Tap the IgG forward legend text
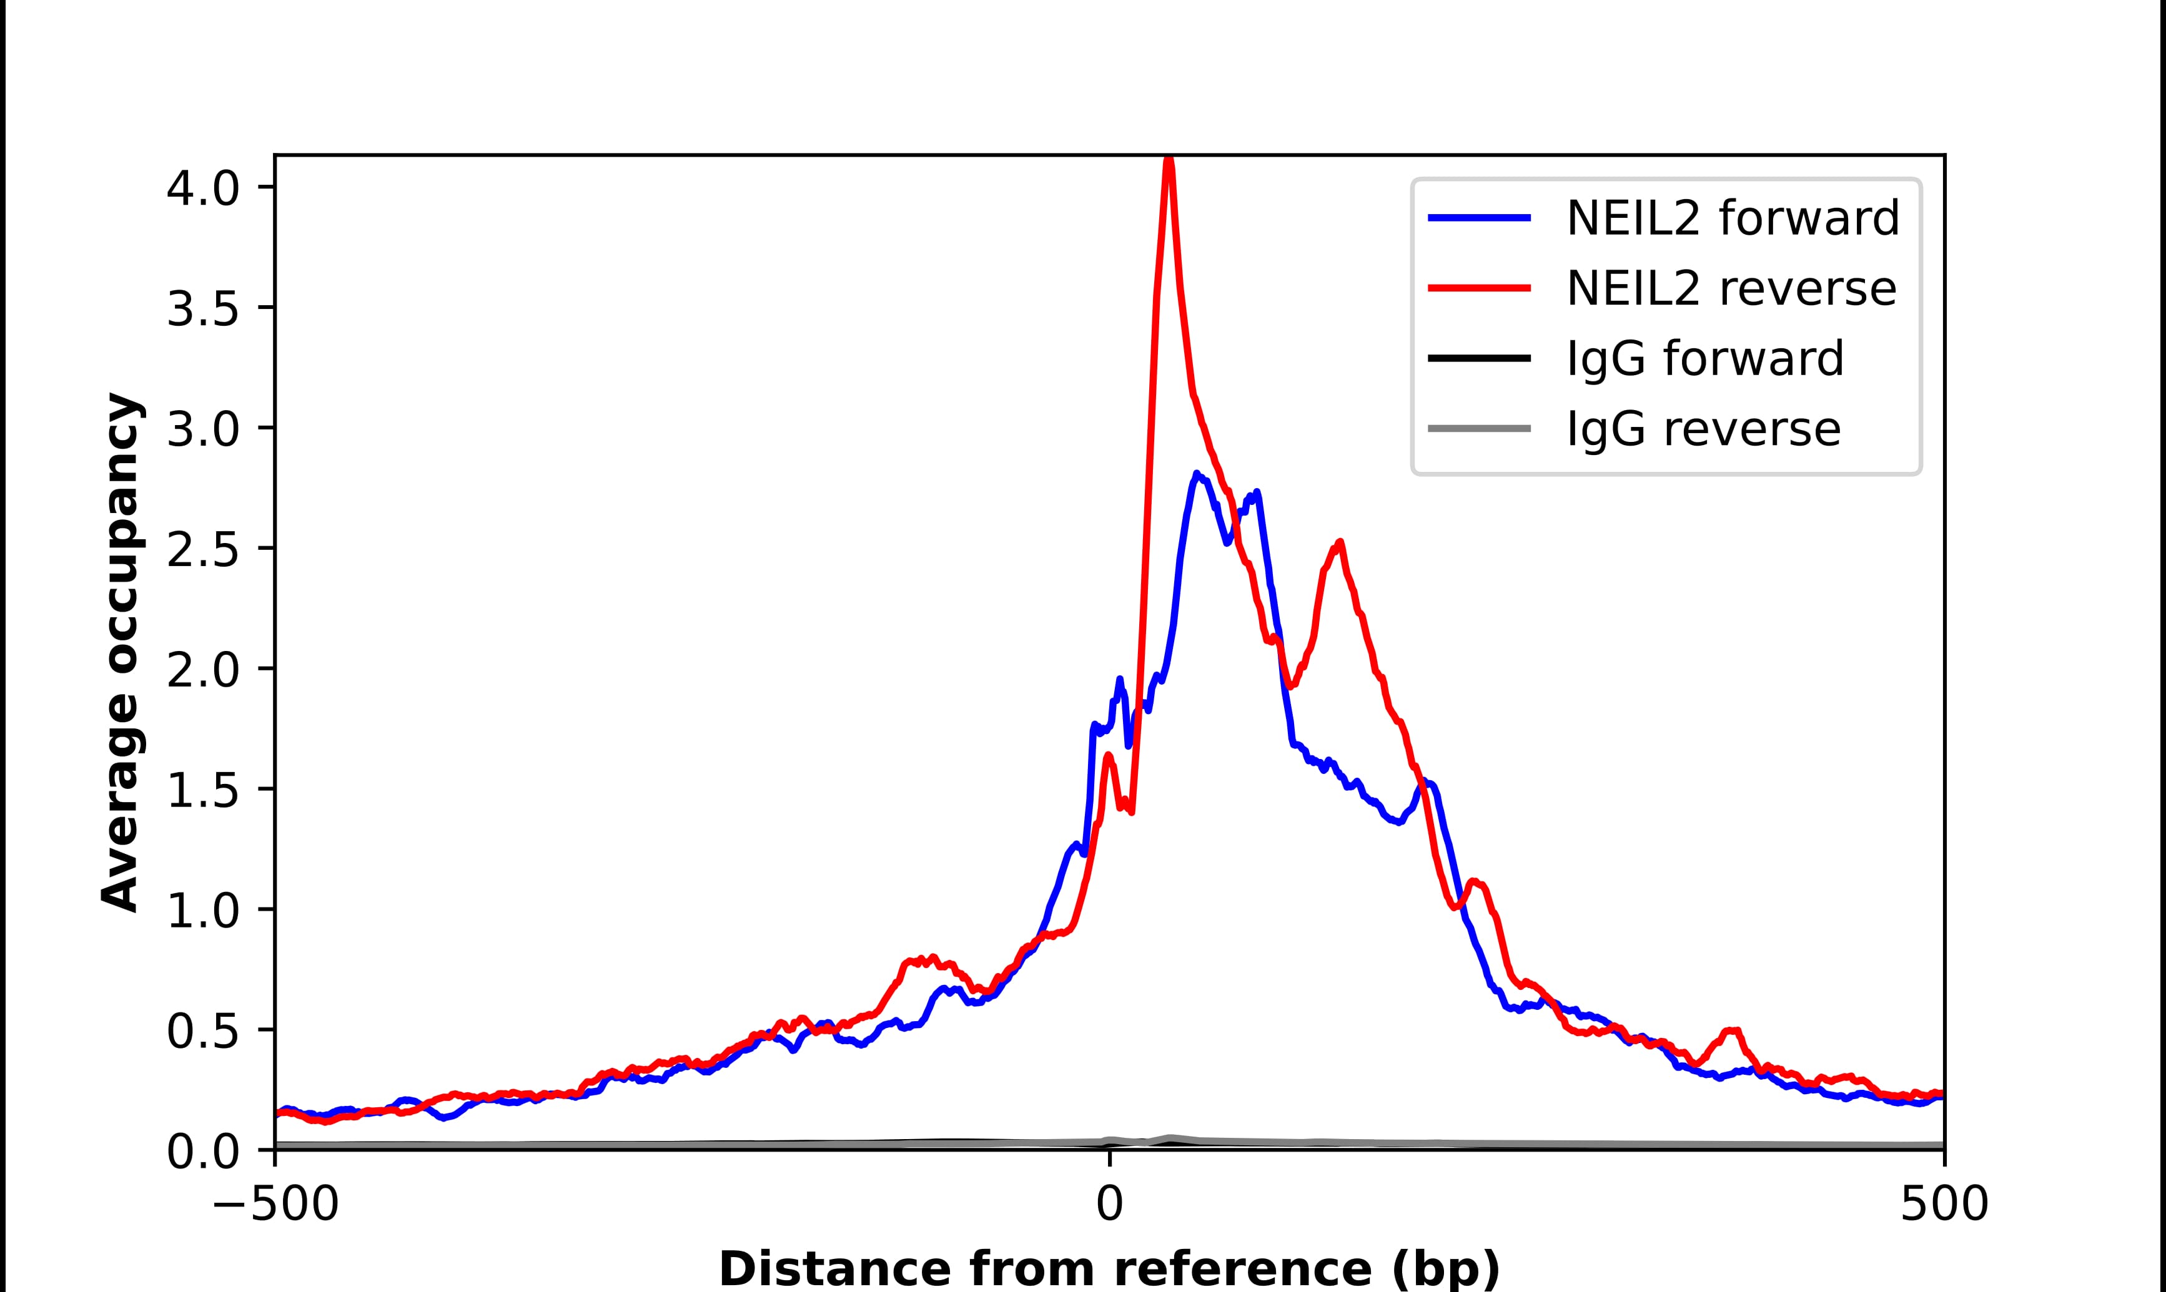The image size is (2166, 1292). click(1704, 359)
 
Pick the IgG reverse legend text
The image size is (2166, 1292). click(1703, 429)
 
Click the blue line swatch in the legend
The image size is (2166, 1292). click(1479, 218)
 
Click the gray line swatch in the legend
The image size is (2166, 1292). click(1479, 428)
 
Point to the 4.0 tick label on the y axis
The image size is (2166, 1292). click(202, 188)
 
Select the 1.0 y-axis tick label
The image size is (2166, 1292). click(202, 911)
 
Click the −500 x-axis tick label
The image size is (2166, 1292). click(275, 1206)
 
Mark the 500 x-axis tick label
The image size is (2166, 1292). click(1944, 1206)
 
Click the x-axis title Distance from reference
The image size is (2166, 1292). click(1109, 1268)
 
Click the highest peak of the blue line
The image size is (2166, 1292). click(1197, 474)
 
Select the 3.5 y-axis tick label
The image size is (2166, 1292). click(202, 309)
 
